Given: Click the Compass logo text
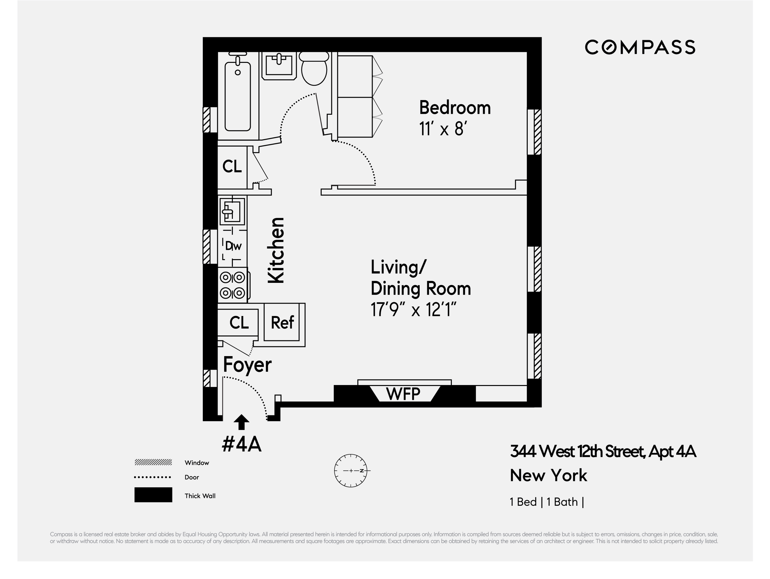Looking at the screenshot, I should [x=640, y=47].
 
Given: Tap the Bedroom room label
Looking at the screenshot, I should [x=455, y=108].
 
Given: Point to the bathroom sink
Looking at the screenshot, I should [x=279, y=65].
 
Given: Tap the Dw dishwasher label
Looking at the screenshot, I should [x=233, y=246].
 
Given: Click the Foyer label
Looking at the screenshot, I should [x=247, y=365].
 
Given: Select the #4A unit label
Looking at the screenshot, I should [x=242, y=444].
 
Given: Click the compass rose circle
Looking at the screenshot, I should [x=351, y=471].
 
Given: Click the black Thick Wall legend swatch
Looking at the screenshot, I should [x=153, y=495].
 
